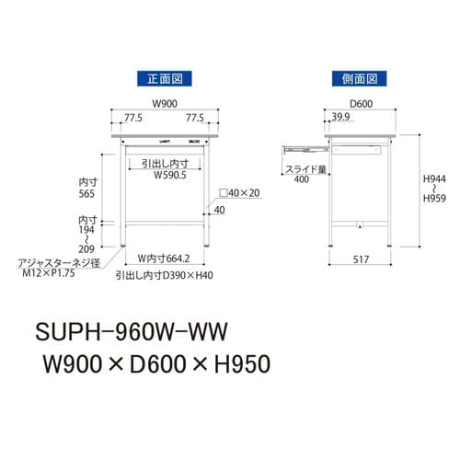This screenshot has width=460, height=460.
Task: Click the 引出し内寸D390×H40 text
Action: click(166, 274)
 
